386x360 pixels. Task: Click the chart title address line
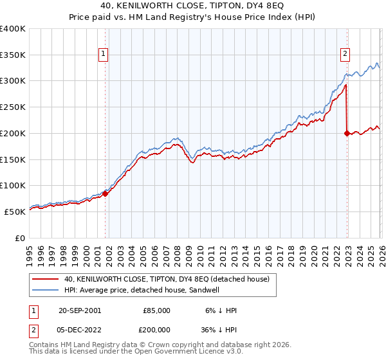click(192, 6)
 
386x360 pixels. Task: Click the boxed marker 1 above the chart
click(104, 55)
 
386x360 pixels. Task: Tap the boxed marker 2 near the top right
click(345, 55)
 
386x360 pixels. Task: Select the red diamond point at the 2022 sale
click(347, 134)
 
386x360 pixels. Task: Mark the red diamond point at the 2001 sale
click(106, 194)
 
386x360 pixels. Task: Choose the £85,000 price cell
click(156, 310)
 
